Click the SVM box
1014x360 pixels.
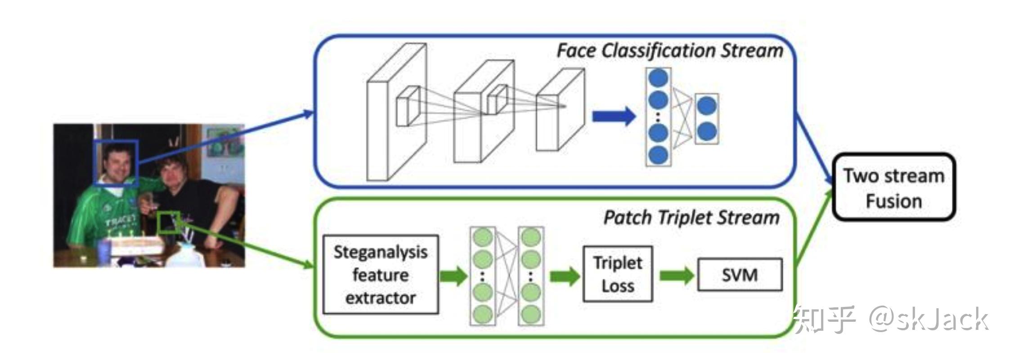click(740, 274)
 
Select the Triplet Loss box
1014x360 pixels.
click(618, 274)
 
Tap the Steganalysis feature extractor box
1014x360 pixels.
click(381, 274)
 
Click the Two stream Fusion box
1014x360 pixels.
click(894, 187)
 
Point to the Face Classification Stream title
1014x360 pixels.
click(670, 50)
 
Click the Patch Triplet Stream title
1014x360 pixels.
click(691, 218)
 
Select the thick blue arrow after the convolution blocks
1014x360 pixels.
click(614, 117)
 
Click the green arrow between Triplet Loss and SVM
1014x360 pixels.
click(677, 275)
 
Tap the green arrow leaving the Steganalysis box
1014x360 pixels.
click(453, 275)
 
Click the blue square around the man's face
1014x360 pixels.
click(116, 162)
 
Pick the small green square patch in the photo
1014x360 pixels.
click(169, 222)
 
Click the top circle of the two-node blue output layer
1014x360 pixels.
click(706, 106)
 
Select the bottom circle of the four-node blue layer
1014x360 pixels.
click(659, 155)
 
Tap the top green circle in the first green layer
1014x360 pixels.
click(483, 237)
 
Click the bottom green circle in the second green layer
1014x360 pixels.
click(531, 314)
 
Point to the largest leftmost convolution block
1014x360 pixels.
click(397, 112)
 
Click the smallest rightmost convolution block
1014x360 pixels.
click(560, 109)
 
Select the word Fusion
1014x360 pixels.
click(894, 201)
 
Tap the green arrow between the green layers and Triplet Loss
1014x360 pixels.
click(565, 275)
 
